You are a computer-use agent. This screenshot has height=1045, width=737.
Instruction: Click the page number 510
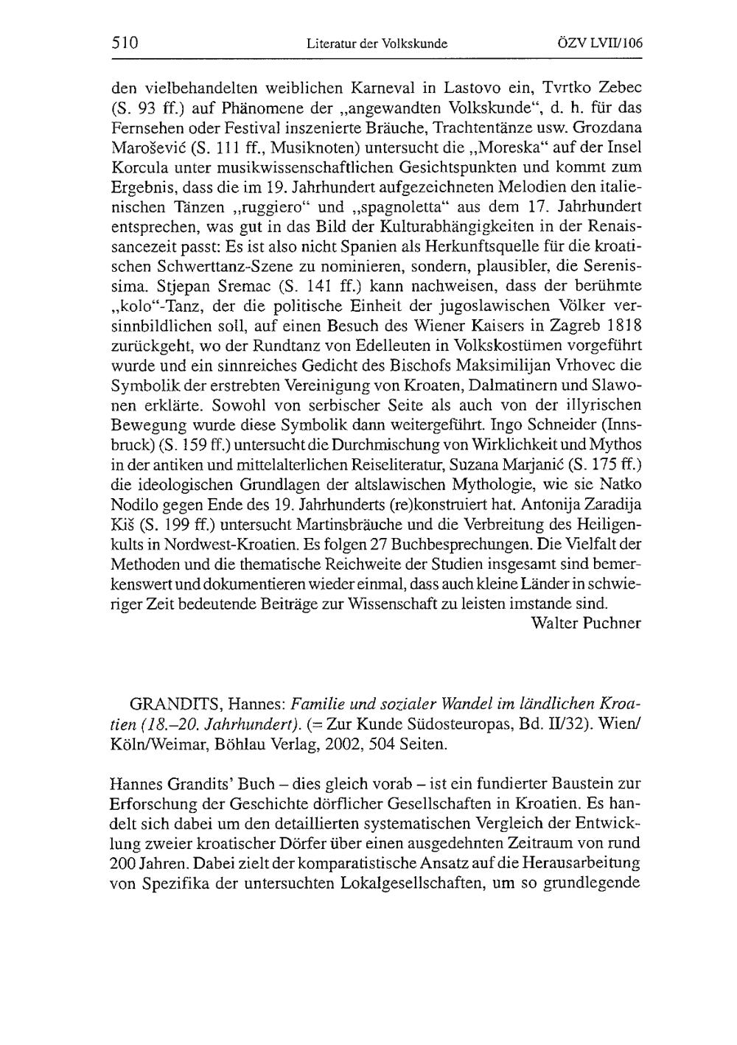[x=125, y=43]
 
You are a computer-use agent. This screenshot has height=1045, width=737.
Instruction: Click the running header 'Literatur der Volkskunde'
[x=377, y=44]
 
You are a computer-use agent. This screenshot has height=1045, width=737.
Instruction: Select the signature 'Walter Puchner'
[x=586, y=623]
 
